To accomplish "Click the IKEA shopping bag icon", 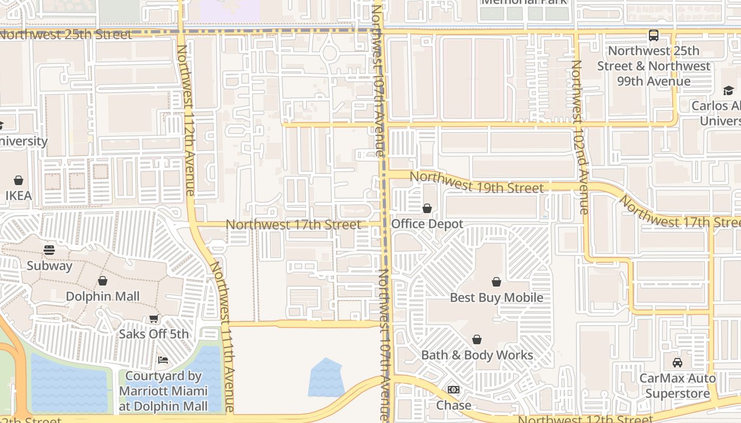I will pyautogui.click(x=19, y=180).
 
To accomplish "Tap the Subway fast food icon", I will pyautogui.click(x=49, y=250).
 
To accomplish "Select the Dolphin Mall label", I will pyautogui.click(x=103, y=296).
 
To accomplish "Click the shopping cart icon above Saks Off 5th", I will pyautogui.click(x=153, y=318).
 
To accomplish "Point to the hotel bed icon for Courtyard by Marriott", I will pyautogui.click(x=163, y=360).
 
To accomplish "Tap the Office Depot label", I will pyautogui.click(x=427, y=224).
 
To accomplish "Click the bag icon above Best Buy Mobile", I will pyautogui.click(x=496, y=282).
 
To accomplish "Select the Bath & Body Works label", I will pyautogui.click(x=477, y=355).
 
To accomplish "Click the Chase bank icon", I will pyautogui.click(x=454, y=390).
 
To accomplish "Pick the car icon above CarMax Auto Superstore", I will pyautogui.click(x=677, y=363).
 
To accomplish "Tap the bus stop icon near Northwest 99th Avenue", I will pyautogui.click(x=654, y=35).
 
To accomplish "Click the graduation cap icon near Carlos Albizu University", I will pyautogui.click(x=728, y=90).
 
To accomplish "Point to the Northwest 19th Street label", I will pyautogui.click(x=476, y=182).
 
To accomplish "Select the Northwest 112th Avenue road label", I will pyautogui.click(x=186, y=121).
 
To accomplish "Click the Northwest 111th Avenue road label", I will pyautogui.click(x=222, y=336).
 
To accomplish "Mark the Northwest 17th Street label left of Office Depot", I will pyautogui.click(x=293, y=225).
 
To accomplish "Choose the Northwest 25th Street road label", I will pyautogui.click(x=66, y=35).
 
